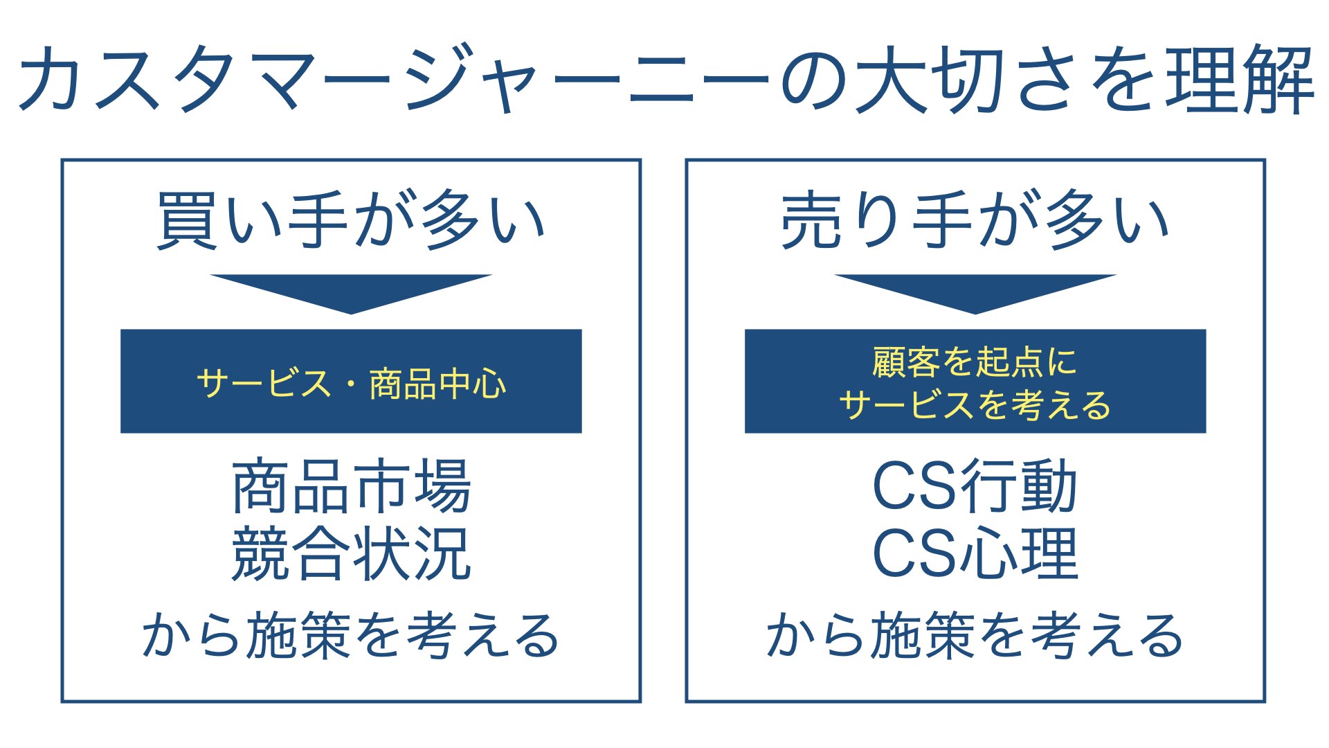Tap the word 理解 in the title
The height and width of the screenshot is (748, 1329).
tap(1240, 79)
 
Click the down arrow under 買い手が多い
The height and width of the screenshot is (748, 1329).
tap(351, 291)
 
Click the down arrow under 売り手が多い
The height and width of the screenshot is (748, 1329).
tap(975, 291)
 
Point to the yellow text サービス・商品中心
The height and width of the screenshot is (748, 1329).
tap(351, 383)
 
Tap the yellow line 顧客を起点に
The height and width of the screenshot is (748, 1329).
tap(975, 362)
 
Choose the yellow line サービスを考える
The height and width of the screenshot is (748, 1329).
tap(975, 404)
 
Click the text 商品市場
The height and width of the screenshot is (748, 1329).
tap(352, 486)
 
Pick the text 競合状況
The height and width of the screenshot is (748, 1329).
tap(352, 553)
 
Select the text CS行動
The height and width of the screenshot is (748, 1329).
tap(975, 486)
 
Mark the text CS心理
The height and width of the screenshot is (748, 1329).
tap(975, 553)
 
